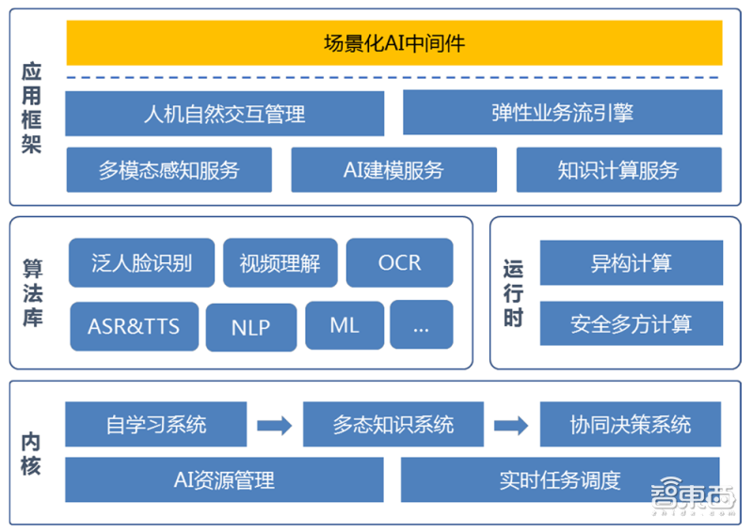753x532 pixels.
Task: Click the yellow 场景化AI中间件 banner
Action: [393, 43]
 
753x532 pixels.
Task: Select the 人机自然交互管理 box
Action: [224, 114]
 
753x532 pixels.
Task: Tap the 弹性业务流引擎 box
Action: [562, 114]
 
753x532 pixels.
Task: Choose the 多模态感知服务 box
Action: [168, 170]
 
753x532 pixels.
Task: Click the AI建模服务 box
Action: [393, 170]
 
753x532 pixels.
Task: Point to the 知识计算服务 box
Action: [618, 170]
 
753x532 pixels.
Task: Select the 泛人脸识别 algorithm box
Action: [141, 262]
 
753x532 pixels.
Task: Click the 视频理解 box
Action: [280, 262]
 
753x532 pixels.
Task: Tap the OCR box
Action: [399, 262]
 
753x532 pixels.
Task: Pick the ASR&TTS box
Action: [134, 326]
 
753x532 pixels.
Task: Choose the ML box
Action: [344, 325]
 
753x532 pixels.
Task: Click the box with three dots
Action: [421, 325]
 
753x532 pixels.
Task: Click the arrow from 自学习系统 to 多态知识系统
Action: [275, 425]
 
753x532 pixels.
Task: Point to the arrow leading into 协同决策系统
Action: [511, 425]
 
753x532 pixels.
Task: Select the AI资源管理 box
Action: [224, 480]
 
